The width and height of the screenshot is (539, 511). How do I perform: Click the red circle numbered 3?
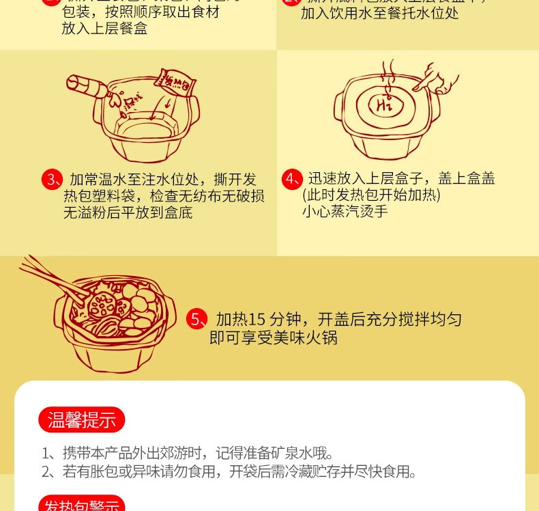tap(52, 180)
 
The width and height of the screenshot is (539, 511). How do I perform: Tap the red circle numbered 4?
tap(291, 180)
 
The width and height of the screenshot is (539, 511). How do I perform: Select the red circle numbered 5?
tap(196, 319)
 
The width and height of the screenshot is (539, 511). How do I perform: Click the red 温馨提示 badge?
tap(81, 419)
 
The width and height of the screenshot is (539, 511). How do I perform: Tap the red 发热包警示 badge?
tap(81, 504)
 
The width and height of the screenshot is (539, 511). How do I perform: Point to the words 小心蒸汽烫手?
tap(345, 212)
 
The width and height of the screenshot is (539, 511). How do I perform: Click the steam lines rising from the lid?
tap(388, 71)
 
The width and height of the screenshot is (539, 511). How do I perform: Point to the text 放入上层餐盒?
tap(104, 28)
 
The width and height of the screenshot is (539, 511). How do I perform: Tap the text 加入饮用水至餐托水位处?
tap(380, 14)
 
